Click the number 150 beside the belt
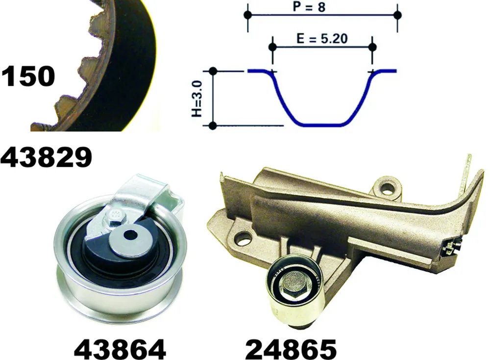pos(28,76)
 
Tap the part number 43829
pos(46,157)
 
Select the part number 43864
pos(120,349)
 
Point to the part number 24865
pos(291,349)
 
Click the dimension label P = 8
pos(309,6)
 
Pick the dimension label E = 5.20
pos(322,38)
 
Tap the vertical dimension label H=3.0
pos(197,98)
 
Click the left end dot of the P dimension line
pos(247,15)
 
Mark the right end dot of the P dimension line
pos(397,15)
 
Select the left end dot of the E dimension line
pos(272,47)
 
